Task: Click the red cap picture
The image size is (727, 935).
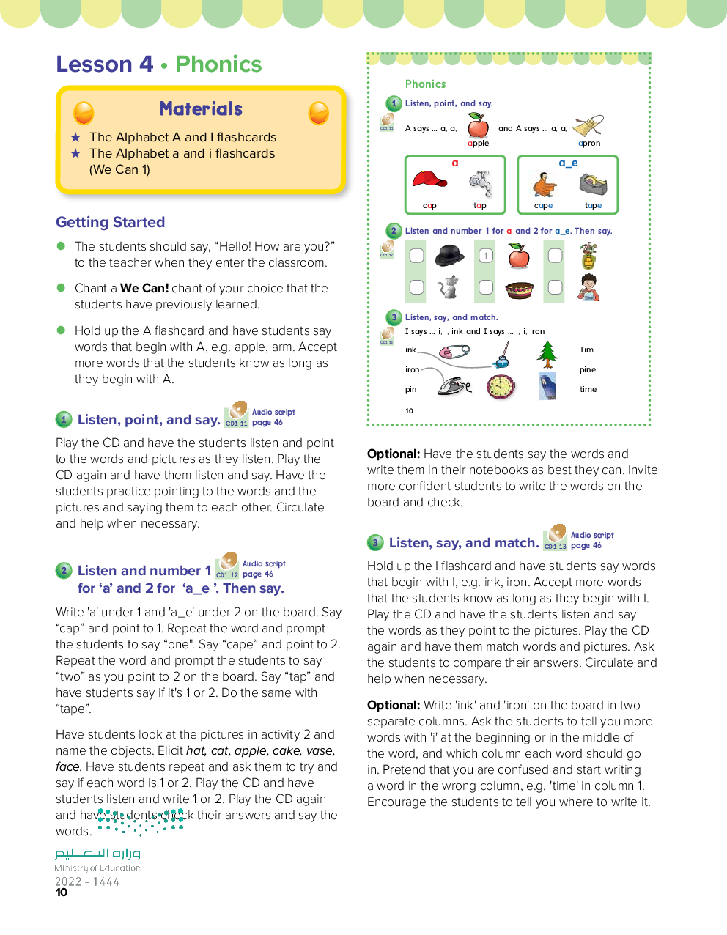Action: (x=429, y=180)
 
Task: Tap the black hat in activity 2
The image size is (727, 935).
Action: (x=449, y=256)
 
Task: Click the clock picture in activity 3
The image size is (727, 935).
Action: (x=501, y=386)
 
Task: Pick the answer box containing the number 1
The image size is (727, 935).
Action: (x=486, y=256)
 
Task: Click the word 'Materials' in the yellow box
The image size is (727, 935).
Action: (x=201, y=109)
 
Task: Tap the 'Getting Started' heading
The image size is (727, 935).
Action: (x=111, y=222)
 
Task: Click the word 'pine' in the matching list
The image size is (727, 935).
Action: (x=588, y=370)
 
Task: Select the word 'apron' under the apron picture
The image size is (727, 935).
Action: (x=589, y=144)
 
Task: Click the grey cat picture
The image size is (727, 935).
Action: (x=448, y=287)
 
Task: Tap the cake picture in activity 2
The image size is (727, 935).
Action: (x=520, y=289)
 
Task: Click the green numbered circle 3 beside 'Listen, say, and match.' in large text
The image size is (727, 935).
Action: (x=375, y=543)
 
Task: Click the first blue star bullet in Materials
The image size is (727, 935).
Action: (x=75, y=137)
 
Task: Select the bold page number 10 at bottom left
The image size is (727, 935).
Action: (x=62, y=892)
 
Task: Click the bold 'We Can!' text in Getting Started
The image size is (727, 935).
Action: (x=144, y=289)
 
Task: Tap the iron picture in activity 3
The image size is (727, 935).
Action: (x=454, y=385)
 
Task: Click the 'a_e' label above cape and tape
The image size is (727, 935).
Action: (x=568, y=163)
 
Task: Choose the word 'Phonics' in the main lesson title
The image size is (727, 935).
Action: (x=218, y=64)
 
